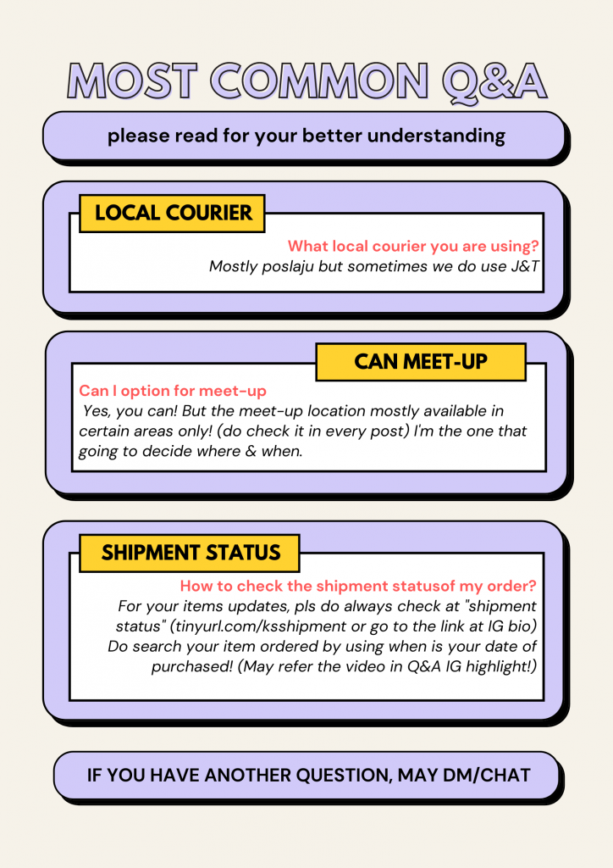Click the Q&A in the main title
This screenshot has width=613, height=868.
tap(494, 82)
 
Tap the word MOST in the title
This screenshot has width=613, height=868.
tap(132, 81)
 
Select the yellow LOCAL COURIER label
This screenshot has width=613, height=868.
tap(172, 213)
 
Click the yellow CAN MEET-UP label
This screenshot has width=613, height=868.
tap(421, 362)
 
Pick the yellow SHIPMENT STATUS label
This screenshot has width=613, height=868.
tap(190, 553)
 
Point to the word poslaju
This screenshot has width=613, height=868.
tap(288, 267)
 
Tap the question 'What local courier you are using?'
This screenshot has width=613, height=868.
tap(413, 246)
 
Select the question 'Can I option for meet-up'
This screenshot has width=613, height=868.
tap(173, 391)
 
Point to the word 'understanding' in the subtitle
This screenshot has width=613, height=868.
tap(436, 136)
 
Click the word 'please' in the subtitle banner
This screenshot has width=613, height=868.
tap(139, 136)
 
